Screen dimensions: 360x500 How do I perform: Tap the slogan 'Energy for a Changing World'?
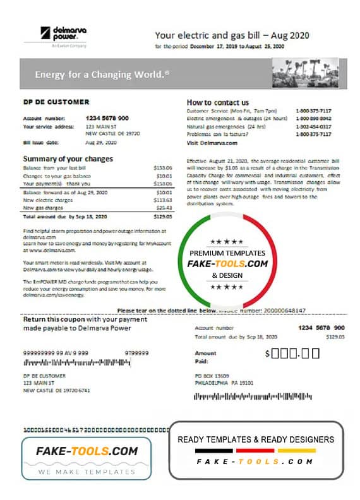click(x=102, y=74)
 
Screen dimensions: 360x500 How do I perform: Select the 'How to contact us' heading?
click(x=217, y=102)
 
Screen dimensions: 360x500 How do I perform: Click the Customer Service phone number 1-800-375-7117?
click(x=313, y=110)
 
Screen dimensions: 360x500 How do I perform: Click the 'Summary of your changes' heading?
click(x=68, y=158)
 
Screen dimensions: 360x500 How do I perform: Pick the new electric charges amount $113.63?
click(x=163, y=199)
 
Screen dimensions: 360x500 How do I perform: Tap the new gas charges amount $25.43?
click(x=163, y=207)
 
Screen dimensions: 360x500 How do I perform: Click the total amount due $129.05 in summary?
click(x=163, y=216)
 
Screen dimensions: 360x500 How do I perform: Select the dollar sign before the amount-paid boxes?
click(x=268, y=354)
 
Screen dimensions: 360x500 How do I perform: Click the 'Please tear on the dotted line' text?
click(x=167, y=311)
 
